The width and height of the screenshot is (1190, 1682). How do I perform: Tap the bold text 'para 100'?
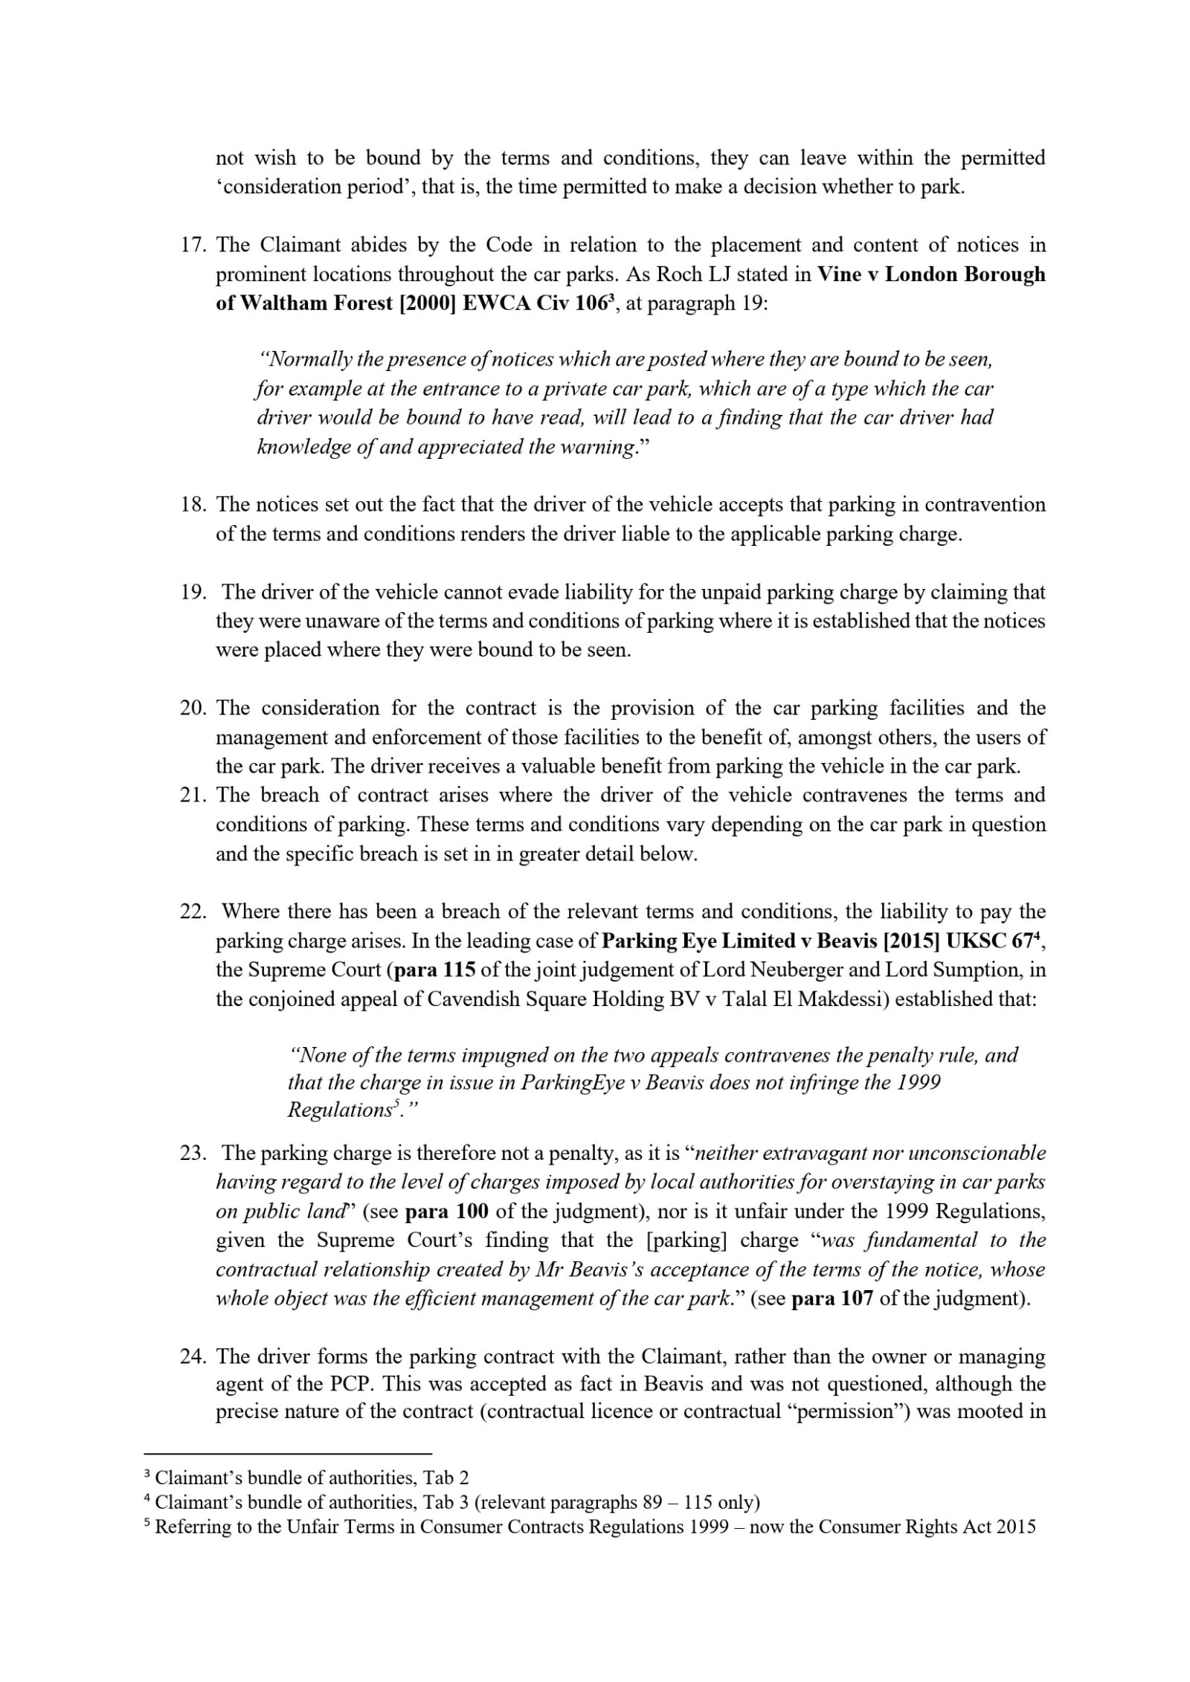coord(446,1211)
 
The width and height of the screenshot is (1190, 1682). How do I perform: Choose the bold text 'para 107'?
coord(831,1298)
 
